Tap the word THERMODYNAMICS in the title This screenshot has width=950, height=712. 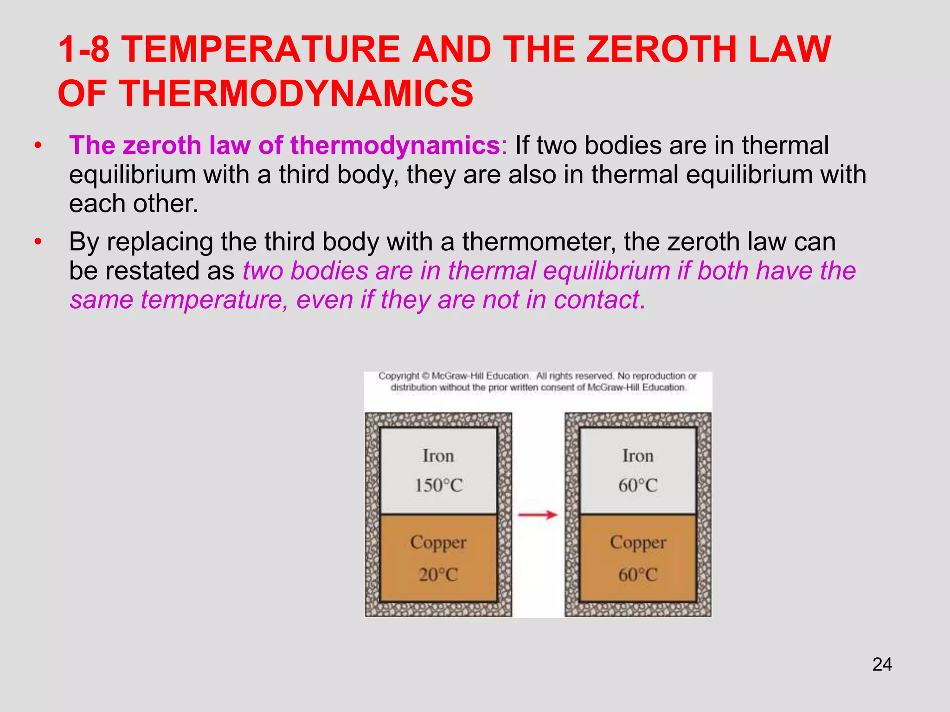pyautogui.click(x=297, y=93)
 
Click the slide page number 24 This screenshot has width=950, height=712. pyautogui.click(x=882, y=664)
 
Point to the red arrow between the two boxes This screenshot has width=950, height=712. pyautogui.click(x=538, y=515)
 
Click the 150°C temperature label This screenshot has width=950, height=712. pyautogui.click(x=438, y=486)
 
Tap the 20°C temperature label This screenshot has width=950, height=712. pyautogui.click(x=438, y=575)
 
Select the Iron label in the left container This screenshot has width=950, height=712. pyautogui.click(x=438, y=456)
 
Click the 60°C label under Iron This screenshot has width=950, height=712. pyautogui.click(x=638, y=486)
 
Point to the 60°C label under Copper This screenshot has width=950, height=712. pyautogui.click(x=638, y=575)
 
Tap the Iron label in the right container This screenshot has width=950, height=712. pyautogui.click(x=638, y=456)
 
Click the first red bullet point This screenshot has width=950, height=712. pyautogui.click(x=38, y=146)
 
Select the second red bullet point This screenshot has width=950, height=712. pyautogui.click(x=38, y=242)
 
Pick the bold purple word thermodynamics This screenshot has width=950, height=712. pyautogui.click(x=395, y=146)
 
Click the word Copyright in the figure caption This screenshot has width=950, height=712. pyautogui.click(x=398, y=376)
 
